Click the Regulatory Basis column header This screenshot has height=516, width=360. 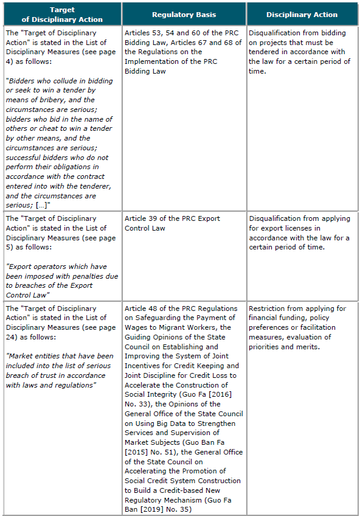183,14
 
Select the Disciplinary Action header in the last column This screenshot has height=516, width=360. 302,14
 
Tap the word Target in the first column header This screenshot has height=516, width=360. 62,10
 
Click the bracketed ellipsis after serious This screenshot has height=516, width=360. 42,206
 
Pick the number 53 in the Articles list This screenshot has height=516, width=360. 156,32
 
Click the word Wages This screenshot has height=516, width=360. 136,327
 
